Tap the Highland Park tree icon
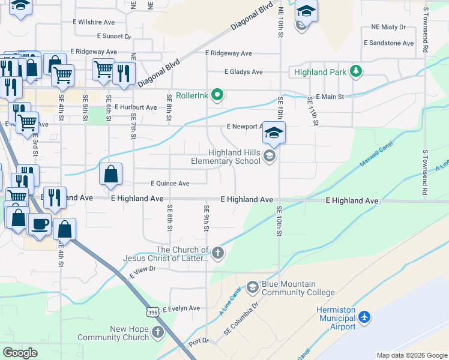tap(357, 72)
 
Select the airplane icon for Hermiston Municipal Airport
tap(366, 317)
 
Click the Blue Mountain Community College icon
tap(253, 287)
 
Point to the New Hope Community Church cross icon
tap(157, 332)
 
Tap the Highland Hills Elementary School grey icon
tap(269, 157)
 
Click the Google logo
tap(20, 353)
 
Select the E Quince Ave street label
tap(170, 184)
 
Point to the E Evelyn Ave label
tap(176, 308)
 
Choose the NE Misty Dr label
tap(388, 27)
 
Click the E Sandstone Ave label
tap(389, 43)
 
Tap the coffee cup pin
tap(40, 224)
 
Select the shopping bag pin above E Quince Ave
tap(111, 175)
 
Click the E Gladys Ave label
tap(243, 72)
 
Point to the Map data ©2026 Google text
tap(411, 355)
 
